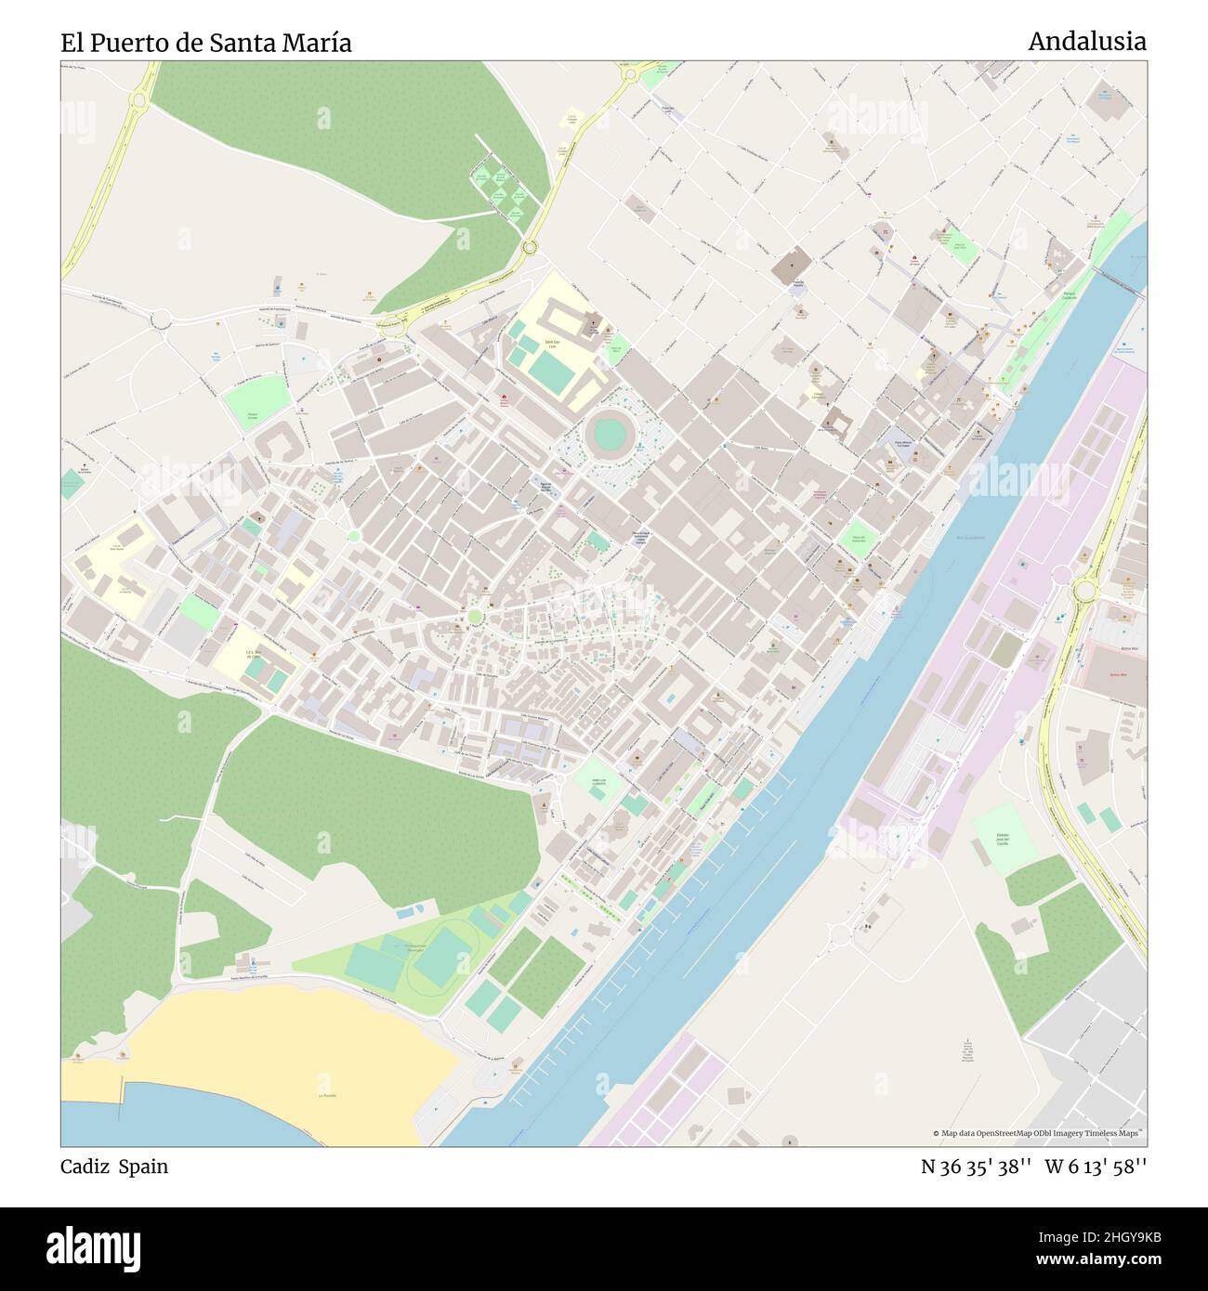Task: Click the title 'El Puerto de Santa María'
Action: tap(206, 43)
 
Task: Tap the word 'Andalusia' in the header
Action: tap(1086, 41)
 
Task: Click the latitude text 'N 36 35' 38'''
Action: tap(976, 1167)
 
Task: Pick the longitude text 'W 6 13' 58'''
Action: tap(1096, 1167)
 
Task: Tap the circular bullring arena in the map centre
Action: tap(609, 433)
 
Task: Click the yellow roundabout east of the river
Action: tap(1083, 590)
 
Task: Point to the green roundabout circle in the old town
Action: tap(475, 616)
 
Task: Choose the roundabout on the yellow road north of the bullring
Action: tap(530, 247)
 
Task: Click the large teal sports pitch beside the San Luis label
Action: tap(552, 374)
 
